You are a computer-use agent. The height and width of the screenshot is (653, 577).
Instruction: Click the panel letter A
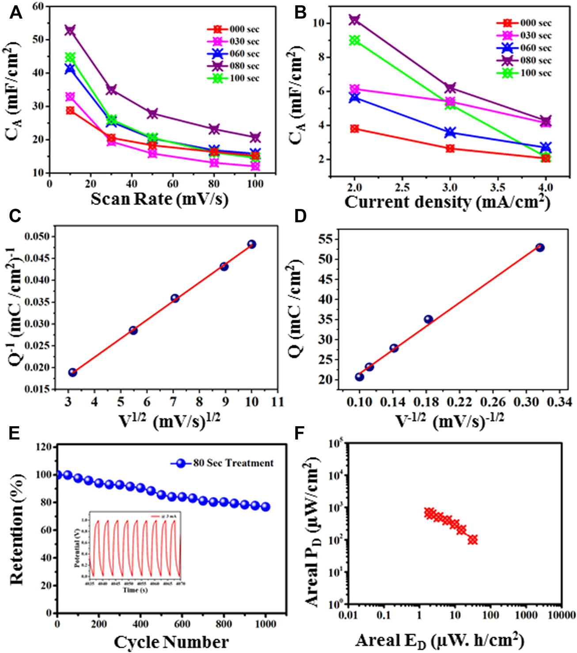[x=16, y=13]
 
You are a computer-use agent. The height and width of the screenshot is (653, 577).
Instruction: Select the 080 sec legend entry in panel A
[x=244, y=66]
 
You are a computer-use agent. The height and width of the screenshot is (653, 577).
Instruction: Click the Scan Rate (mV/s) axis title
[x=159, y=199]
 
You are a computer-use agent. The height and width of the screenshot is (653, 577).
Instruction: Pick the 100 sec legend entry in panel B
[x=535, y=73]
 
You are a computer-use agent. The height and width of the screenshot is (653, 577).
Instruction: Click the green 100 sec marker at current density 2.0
[x=354, y=41]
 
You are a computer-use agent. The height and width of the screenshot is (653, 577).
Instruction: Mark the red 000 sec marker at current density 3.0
[x=450, y=148]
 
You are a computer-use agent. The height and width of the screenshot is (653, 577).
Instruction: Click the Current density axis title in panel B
[x=447, y=202]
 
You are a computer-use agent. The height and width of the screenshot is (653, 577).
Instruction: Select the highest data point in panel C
[x=251, y=244]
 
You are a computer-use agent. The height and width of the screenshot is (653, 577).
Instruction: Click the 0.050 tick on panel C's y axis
[x=38, y=237]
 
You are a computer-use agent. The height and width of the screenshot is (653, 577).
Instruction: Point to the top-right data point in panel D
[x=539, y=248]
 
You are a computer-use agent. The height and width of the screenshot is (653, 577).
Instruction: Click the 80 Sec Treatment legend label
[x=233, y=463]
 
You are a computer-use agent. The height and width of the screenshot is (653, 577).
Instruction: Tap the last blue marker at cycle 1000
[x=265, y=507]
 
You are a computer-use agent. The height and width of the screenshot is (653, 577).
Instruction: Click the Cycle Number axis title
[x=171, y=642]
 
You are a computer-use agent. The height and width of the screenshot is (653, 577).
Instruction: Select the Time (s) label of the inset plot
[x=135, y=590]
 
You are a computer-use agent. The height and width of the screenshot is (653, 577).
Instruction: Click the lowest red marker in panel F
[x=473, y=539]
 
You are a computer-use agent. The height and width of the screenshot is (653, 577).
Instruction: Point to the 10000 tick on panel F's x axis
[x=561, y=615]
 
